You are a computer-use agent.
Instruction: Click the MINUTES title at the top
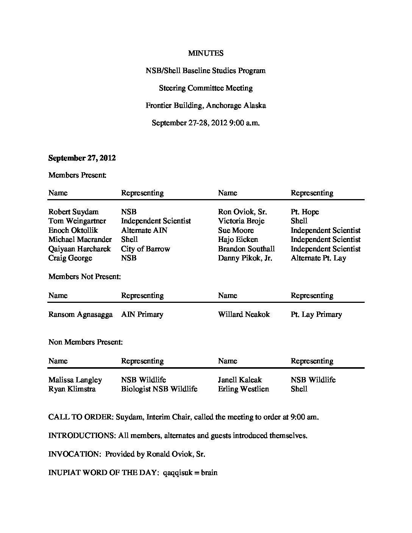pyautogui.click(x=206, y=53)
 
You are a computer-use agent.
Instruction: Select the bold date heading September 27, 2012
pyautogui.click(x=82, y=158)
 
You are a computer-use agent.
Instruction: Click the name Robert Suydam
pyautogui.click(x=73, y=212)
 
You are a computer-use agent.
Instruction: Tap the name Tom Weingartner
pyautogui.click(x=77, y=221)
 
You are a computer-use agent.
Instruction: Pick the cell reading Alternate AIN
pyautogui.click(x=144, y=231)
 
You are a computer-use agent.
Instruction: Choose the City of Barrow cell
pyautogui.click(x=145, y=249)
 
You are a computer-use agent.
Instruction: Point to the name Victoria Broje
pyautogui.click(x=241, y=221)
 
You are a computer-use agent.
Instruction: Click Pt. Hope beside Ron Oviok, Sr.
pyautogui.click(x=305, y=212)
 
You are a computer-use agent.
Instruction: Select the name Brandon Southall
pyautogui.click(x=247, y=249)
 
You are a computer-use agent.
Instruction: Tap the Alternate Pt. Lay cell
pyautogui.click(x=318, y=258)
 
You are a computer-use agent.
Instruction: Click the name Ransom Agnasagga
pyautogui.click(x=80, y=315)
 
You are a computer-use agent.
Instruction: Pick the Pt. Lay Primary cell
pyautogui.click(x=316, y=315)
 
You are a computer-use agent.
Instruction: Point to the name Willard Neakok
pyautogui.click(x=244, y=315)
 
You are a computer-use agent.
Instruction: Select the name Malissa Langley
pyautogui.click(x=75, y=380)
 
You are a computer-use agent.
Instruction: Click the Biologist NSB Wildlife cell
pyautogui.click(x=159, y=389)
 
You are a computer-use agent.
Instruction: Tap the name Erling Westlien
pyautogui.click(x=243, y=389)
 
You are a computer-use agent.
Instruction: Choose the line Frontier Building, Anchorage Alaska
pyautogui.click(x=206, y=106)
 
